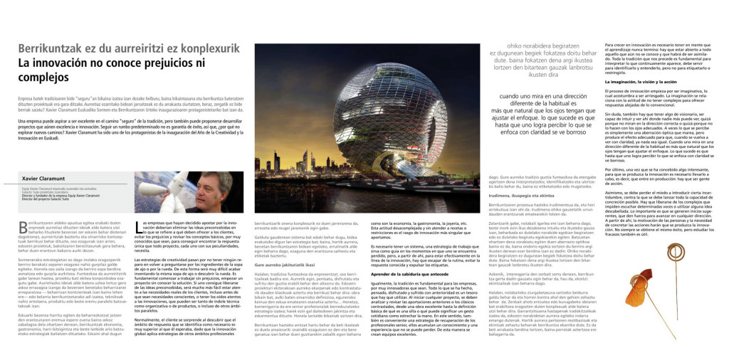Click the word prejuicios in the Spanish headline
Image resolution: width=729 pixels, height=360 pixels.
pos(168,63)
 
